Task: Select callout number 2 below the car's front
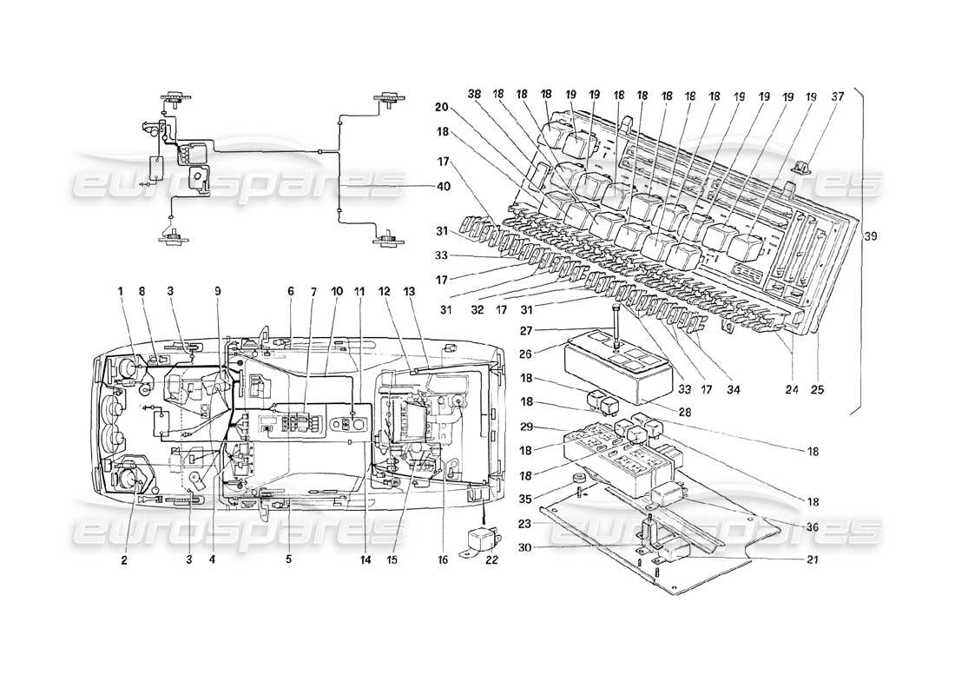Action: coord(124,561)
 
